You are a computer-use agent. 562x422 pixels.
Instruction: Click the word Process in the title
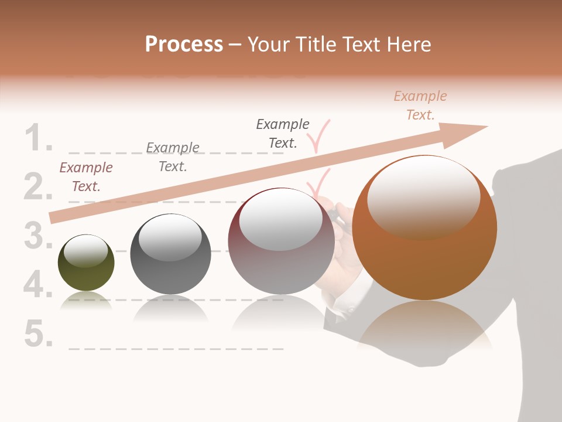tap(184, 45)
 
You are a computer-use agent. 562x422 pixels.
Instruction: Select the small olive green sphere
tap(86, 263)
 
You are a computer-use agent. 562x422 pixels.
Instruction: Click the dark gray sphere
tap(170, 254)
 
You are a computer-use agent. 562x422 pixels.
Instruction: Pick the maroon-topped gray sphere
tap(281, 241)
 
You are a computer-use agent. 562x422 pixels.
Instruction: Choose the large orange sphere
tap(424, 228)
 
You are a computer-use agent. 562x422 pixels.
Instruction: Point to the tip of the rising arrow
tap(486, 127)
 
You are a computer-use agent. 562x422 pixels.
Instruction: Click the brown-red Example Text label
tap(86, 177)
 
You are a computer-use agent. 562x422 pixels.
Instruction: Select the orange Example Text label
tap(420, 105)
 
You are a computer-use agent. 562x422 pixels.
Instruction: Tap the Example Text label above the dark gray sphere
tap(173, 157)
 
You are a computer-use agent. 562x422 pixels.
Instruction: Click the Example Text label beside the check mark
tap(283, 133)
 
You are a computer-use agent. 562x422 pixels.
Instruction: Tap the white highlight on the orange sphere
tap(423, 197)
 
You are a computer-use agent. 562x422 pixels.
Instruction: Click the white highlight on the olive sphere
tap(85, 250)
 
